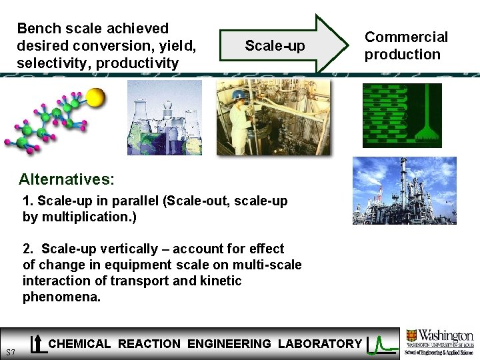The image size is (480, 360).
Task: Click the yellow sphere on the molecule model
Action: coord(96,97)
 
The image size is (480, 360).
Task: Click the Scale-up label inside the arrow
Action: coord(275,46)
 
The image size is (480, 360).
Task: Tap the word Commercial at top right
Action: coord(406,37)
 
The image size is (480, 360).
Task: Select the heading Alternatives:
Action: coord(67,179)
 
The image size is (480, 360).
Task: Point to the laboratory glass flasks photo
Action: coord(165,118)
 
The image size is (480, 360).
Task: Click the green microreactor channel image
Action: coord(402,115)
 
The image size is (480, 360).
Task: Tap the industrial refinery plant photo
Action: coord(404,191)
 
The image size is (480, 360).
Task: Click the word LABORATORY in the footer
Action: coord(320,344)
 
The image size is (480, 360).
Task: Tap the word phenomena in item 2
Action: coord(61,297)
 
